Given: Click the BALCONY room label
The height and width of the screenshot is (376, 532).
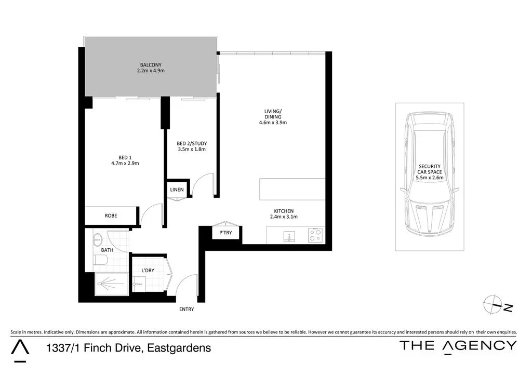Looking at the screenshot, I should [151, 65].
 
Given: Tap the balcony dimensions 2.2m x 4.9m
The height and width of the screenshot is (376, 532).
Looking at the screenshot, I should [151, 71].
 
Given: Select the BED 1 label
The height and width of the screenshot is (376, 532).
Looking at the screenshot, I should [125, 157].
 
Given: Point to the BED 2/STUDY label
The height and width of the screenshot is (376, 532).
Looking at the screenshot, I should [192, 143].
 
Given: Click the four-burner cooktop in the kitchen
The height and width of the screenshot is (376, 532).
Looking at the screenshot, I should [315, 235].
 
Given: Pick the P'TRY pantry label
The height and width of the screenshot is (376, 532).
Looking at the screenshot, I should [225, 233].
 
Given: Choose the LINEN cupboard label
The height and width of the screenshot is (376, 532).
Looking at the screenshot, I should [177, 190].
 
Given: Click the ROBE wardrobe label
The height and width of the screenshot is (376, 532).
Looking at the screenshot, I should [111, 215].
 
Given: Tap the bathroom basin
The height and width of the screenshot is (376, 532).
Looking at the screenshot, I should [97, 240].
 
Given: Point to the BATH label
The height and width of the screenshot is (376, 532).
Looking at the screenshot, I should [107, 250].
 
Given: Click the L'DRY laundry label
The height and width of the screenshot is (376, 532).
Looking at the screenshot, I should [149, 271].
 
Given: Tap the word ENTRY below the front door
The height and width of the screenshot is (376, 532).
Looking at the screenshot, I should [187, 310].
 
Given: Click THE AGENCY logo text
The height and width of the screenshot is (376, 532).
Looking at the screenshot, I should [458, 346].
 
